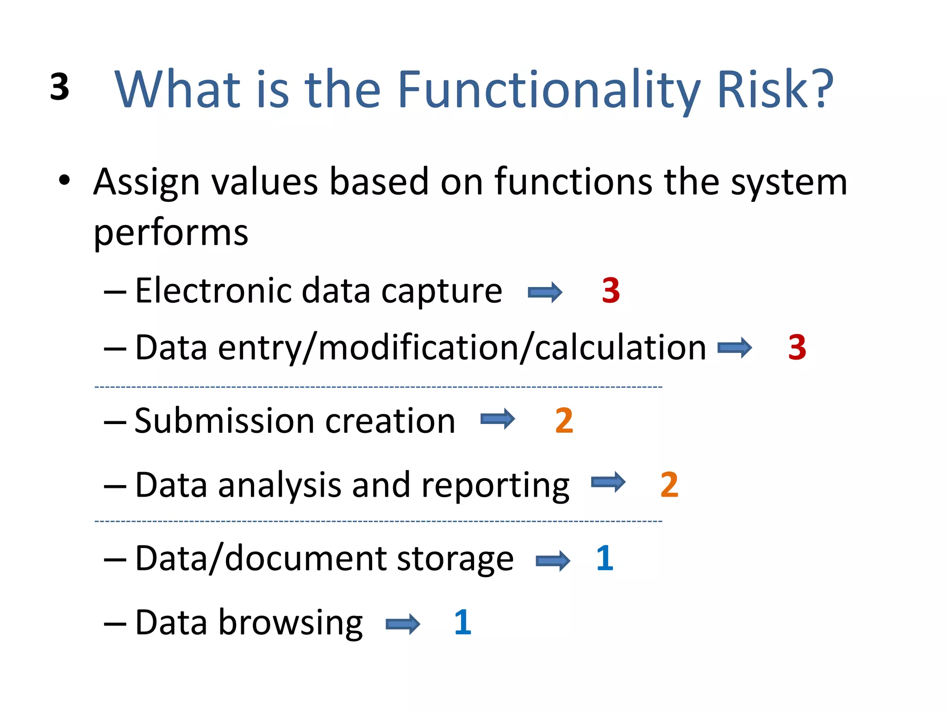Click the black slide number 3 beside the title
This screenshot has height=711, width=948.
(x=60, y=87)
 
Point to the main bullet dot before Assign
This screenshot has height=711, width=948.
(x=64, y=180)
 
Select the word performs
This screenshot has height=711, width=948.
(x=171, y=233)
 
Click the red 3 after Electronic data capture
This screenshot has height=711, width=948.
(x=611, y=291)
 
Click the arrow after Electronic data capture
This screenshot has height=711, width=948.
(x=545, y=292)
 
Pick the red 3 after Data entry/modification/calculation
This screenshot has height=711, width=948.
(x=797, y=347)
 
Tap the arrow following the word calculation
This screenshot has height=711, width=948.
(x=735, y=348)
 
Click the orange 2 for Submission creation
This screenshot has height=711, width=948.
(x=564, y=421)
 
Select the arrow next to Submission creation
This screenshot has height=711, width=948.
(x=498, y=419)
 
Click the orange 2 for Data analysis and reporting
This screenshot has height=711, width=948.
(x=669, y=485)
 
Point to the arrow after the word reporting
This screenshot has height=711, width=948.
(x=608, y=482)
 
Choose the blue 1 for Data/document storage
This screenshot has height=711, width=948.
(x=605, y=558)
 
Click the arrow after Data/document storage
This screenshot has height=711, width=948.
(x=553, y=561)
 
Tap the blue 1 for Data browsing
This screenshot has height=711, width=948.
(x=462, y=622)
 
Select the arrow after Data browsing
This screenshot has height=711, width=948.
(x=403, y=624)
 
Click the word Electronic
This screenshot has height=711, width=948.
(x=213, y=291)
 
